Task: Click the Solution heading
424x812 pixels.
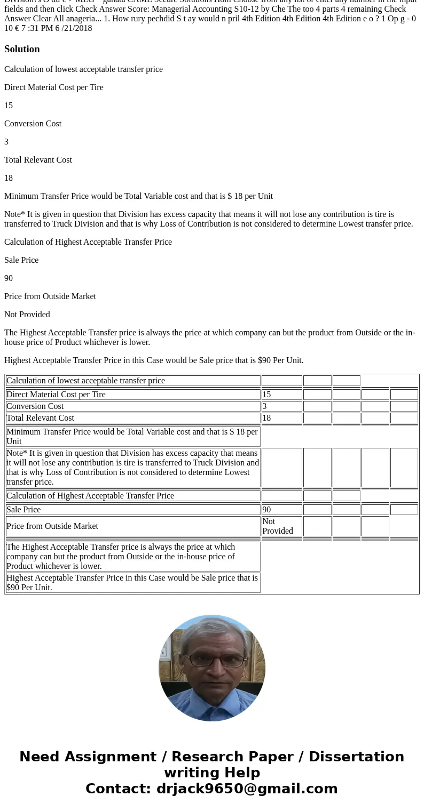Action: coord(22,49)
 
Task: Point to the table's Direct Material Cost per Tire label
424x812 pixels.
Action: coord(56,395)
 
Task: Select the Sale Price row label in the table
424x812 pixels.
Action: coord(23,510)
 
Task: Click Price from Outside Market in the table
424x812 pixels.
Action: coord(52,526)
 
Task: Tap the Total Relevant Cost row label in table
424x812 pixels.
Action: coord(40,418)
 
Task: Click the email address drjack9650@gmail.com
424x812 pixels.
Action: coord(247,789)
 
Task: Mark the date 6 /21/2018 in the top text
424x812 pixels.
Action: coord(74,28)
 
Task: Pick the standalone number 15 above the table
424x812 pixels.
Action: coord(9,106)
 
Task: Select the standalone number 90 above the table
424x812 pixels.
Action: coord(9,278)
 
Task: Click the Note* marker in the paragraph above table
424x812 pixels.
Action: coord(15,214)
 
